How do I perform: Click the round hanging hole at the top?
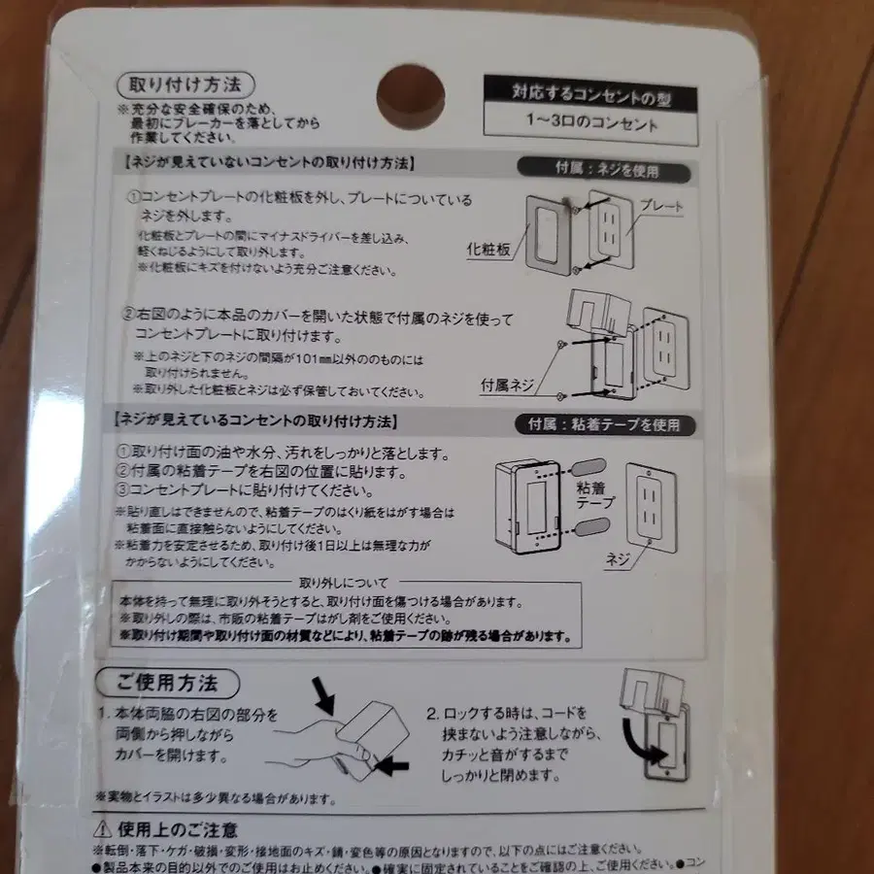(410, 99)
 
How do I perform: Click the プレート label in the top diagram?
(663, 206)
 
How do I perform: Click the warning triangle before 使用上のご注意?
(102, 828)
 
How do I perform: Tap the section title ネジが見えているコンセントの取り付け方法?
(258, 421)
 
